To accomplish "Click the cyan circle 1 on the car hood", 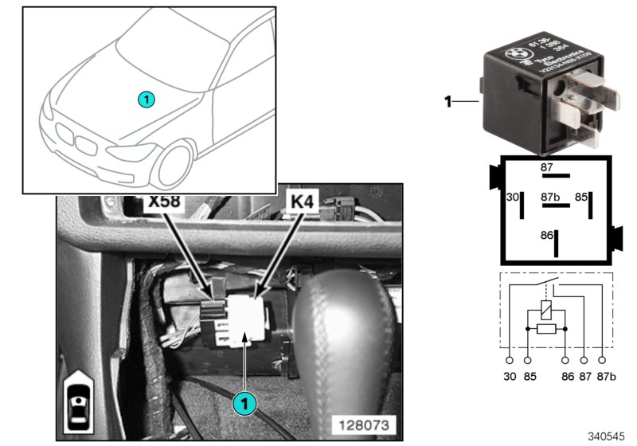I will (x=146, y=99).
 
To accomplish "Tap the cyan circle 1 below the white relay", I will (x=244, y=404).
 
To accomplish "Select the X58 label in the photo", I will (x=164, y=203).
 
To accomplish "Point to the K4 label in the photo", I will (x=303, y=203).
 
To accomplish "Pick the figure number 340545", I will (x=607, y=436).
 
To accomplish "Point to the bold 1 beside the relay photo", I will (x=447, y=101).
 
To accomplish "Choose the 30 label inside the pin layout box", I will (x=512, y=195).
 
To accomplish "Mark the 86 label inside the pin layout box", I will (x=546, y=235).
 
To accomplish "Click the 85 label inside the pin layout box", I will (x=581, y=195).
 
